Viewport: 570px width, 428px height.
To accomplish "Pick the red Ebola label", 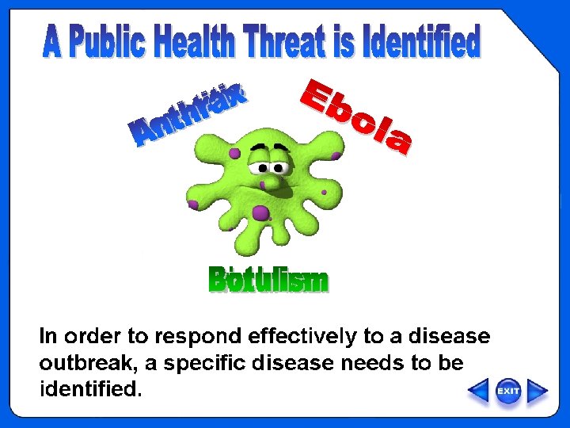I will click(356, 117).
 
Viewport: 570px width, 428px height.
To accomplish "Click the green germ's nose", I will click(272, 182).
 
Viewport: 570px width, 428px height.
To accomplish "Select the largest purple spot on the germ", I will click(260, 212).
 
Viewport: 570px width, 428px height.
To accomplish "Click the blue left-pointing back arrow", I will click(478, 391).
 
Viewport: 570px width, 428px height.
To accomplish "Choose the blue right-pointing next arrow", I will click(538, 391).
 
